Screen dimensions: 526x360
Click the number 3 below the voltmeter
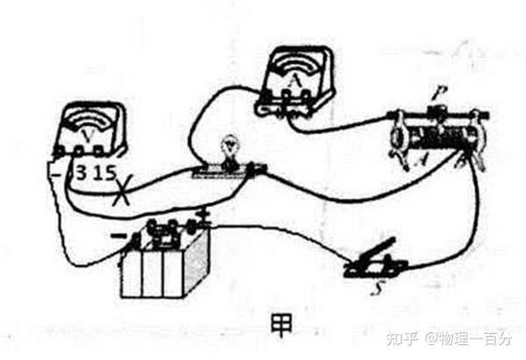80,172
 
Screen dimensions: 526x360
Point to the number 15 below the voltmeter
105,172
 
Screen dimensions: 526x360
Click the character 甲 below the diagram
281,324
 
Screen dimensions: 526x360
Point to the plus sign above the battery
205,212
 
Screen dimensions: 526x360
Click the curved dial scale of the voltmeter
90,118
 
